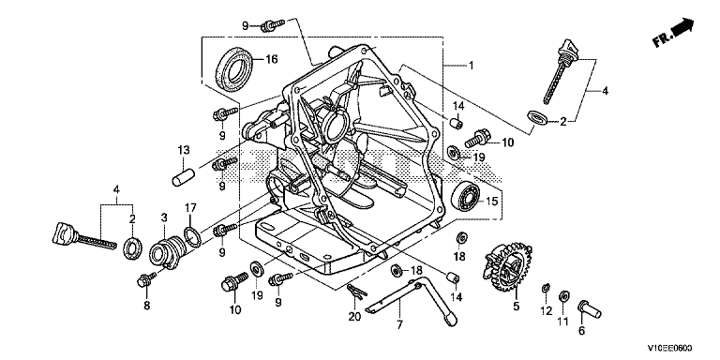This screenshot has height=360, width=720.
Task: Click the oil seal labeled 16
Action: tap(234, 68)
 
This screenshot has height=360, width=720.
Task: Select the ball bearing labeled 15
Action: tap(465, 198)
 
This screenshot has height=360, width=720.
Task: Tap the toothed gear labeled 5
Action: tap(507, 266)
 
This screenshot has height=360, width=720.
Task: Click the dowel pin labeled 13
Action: tap(183, 177)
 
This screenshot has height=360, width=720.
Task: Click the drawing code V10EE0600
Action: tap(670, 348)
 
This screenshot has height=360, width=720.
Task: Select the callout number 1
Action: tap(471, 66)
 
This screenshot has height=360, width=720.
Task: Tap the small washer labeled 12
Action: tap(547, 289)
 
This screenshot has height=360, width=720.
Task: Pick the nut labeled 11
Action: tap(563, 295)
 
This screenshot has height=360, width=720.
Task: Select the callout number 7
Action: tap(399, 325)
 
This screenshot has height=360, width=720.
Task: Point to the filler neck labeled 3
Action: tap(168, 251)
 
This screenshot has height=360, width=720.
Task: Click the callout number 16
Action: tap(271, 59)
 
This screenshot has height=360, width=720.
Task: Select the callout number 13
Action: tap(184, 150)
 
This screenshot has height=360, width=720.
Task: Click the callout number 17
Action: tap(191, 208)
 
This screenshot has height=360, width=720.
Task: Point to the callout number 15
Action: tap(492, 202)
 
